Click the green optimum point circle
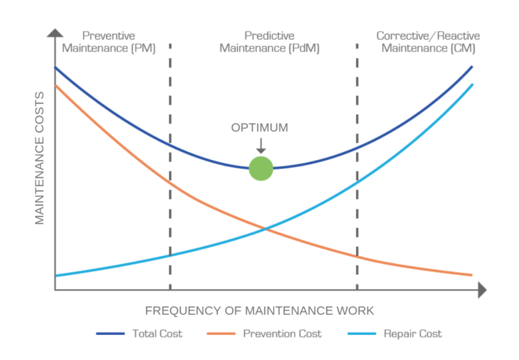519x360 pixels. [261, 169]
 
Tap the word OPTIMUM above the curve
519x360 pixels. [259, 128]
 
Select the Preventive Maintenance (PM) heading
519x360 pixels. [108, 42]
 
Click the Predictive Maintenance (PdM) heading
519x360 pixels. [269, 42]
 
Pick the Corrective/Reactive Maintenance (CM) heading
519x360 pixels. [428, 42]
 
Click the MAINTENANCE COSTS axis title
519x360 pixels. [39, 158]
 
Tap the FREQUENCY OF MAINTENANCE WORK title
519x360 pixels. [259, 311]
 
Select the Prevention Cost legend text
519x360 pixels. [282, 334]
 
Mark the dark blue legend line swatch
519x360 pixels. [110, 334]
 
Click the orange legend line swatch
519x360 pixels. [221, 334]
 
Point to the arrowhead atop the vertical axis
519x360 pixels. [55, 31]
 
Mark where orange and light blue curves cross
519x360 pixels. [266, 230]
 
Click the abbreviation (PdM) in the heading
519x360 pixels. [303, 49]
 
